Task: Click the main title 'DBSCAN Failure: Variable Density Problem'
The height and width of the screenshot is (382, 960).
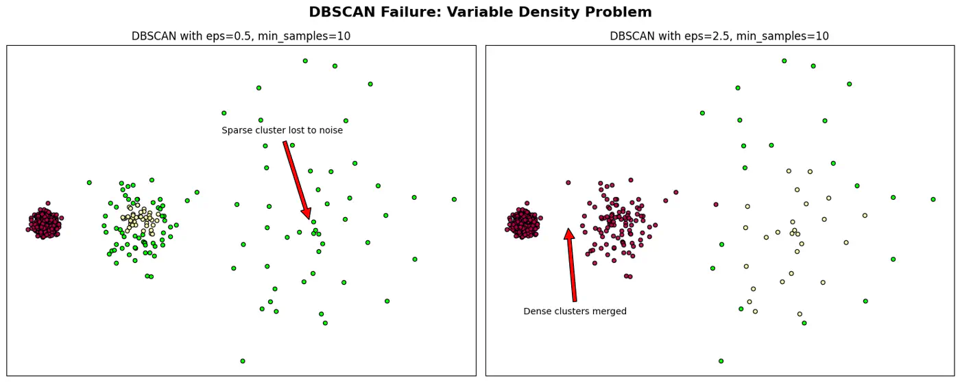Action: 480,12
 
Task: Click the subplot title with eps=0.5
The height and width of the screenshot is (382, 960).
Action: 241,36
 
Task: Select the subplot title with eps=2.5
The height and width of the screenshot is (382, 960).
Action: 719,36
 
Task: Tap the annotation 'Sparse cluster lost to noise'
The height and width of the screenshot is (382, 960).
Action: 282,130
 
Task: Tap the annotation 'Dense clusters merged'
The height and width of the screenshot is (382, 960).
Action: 575,311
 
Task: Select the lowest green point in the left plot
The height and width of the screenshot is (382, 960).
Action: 243,361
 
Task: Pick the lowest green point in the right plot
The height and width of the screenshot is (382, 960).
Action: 721,361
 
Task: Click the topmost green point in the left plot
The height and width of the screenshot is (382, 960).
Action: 305,61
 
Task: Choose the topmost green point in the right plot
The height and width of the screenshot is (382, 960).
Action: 784,61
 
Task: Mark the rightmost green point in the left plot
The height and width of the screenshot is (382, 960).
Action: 454,199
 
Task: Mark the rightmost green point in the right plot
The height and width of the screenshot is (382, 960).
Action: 933,199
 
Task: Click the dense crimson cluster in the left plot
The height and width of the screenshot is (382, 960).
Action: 45,223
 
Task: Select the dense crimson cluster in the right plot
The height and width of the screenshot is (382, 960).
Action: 523,223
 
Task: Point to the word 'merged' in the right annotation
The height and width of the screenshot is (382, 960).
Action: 610,311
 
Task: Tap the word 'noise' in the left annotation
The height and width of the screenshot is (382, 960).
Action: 329,130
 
